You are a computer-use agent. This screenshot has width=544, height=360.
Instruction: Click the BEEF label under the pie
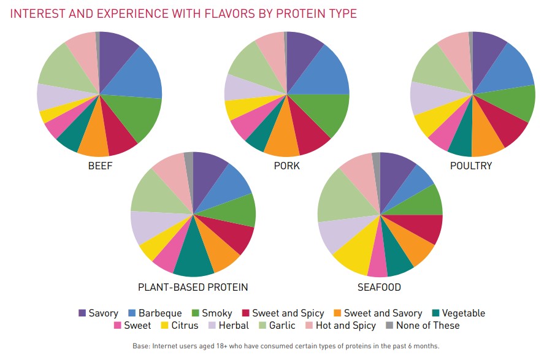click(x=101, y=166)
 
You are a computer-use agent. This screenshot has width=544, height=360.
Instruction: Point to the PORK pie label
click(x=287, y=166)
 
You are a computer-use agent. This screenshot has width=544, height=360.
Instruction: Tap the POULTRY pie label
click(x=471, y=166)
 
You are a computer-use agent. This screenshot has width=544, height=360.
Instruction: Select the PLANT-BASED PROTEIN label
click(x=193, y=287)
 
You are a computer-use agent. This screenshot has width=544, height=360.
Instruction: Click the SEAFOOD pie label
click(x=379, y=287)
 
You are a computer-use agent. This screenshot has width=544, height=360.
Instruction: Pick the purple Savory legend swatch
click(x=82, y=313)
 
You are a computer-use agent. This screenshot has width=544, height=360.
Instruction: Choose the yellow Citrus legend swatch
click(x=164, y=326)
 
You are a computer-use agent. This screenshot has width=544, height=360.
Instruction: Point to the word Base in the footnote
click(x=143, y=346)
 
